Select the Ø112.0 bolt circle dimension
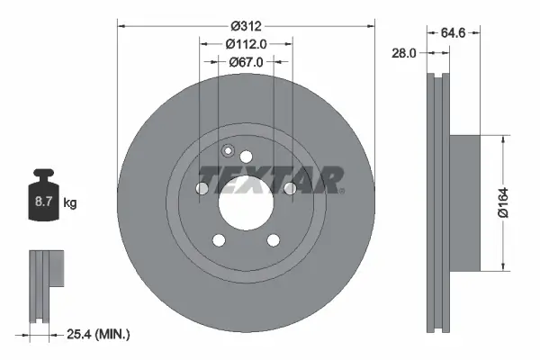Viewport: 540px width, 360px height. [x=246, y=43]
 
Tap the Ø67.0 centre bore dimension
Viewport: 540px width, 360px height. [x=246, y=62]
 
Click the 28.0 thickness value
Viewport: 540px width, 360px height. [x=401, y=53]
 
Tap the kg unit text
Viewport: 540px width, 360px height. [x=69, y=203]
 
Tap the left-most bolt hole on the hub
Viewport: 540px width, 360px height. [x=202, y=189]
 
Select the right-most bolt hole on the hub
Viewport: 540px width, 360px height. [x=290, y=189]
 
